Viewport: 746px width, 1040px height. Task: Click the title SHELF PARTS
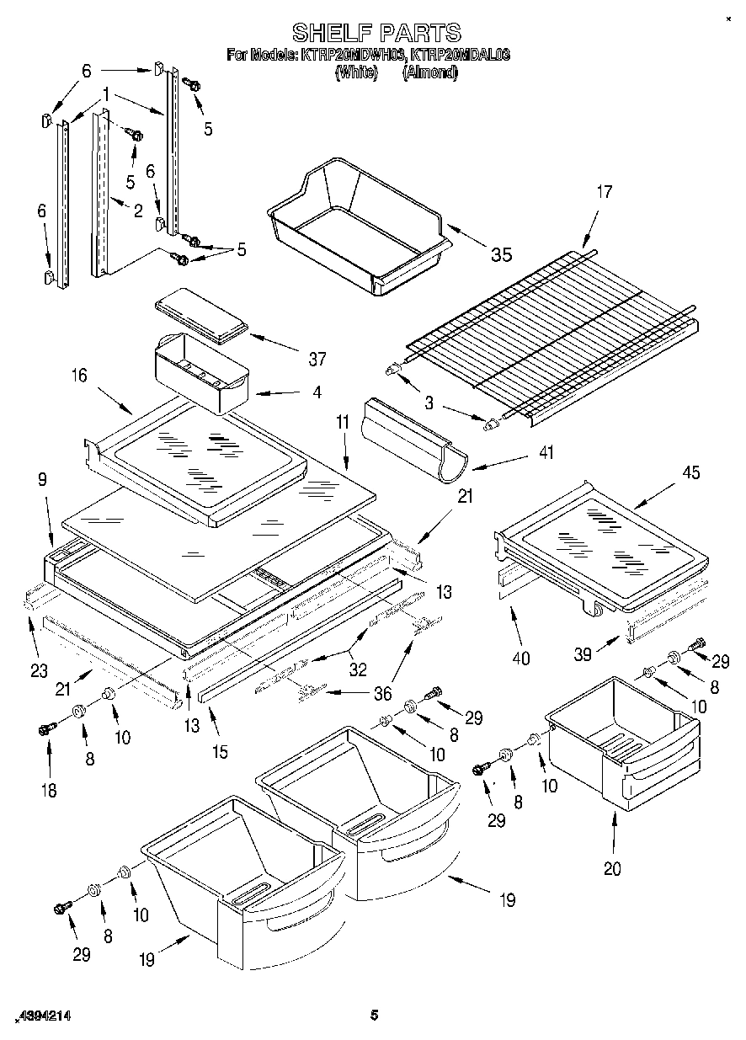(376, 32)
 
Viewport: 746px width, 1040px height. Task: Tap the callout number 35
(500, 254)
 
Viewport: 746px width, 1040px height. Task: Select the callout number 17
(605, 192)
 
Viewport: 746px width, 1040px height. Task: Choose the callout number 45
(690, 472)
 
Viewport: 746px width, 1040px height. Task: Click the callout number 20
(612, 868)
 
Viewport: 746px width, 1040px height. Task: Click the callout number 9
(41, 479)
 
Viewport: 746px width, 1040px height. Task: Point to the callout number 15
(219, 752)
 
